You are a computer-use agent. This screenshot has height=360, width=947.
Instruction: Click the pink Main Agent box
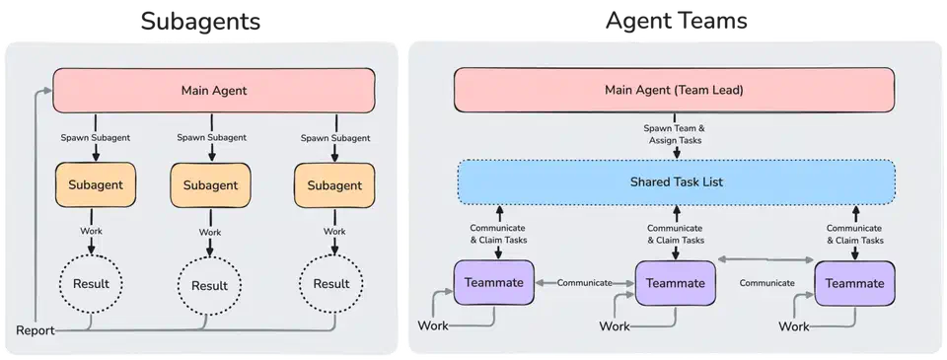(x=213, y=90)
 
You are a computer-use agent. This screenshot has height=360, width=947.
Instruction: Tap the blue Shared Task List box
(x=676, y=182)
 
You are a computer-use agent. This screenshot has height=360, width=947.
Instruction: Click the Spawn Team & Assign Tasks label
(x=676, y=134)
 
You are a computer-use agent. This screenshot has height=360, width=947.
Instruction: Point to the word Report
(x=35, y=330)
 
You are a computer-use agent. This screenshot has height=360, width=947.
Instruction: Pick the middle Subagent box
(x=209, y=185)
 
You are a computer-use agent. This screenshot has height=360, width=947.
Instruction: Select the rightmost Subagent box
(x=334, y=184)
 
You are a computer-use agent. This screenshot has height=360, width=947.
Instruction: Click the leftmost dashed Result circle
(x=92, y=284)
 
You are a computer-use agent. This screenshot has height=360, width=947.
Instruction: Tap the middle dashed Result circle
(x=209, y=286)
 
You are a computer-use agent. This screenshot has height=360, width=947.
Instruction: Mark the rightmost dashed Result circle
(x=331, y=284)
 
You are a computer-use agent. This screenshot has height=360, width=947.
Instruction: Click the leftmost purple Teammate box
(x=493, y=283)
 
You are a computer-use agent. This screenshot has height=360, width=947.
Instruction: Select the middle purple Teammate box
(x=676, y=283)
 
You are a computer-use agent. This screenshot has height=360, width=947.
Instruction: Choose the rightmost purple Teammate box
(x=855, y=283)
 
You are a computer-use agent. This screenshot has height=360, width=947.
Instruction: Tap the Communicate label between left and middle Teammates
(x=585, y=283)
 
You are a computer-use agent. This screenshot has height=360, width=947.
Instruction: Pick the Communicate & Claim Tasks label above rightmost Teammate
(x=855, y=233)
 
